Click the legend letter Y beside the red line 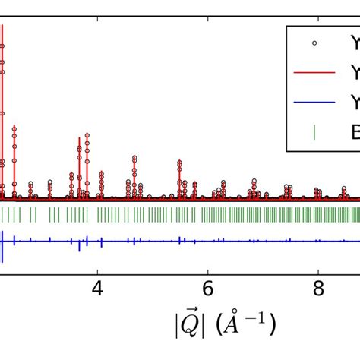pyautogui.click(x=355, y=74)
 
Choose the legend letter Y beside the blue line pyautogui.click(x=355, y=104)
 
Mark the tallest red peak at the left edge pyautogui.click(x=2, y=27)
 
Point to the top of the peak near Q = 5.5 pyautogui.click(x=179, y=161)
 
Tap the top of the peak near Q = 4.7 pyautogui.click(x=134, y=157)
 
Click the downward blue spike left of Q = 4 pyautogui.click(x=79, y=249)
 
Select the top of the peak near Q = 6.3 pyautogui.click(x=223, y=182)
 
